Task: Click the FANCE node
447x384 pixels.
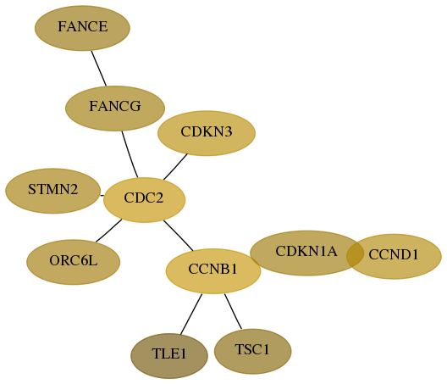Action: point(82,28)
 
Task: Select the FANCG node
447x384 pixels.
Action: point(115,109)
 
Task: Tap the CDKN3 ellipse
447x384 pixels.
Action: point(207,133)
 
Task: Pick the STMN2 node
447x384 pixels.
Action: point(53,191)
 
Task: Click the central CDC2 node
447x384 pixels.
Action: point(144,200)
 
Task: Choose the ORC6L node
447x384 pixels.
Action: point(74,262)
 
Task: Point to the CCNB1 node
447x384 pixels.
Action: point(213,271)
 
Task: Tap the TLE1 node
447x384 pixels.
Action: point(169,356)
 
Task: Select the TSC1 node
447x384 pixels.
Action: point(252,351)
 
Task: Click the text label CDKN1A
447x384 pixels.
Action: point(306,251)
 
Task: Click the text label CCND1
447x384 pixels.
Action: point(394,254)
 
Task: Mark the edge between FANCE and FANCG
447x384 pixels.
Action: point(99,68)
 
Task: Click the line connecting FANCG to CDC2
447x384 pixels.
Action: point(130,154)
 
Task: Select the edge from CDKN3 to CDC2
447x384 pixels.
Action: point(175,167)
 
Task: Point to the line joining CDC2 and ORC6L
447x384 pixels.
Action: point(109,231)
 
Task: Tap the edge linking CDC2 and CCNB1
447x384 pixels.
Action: point(179,236)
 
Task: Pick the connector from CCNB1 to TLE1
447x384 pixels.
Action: point(191,314)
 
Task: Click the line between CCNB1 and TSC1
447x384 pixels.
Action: point(233,311)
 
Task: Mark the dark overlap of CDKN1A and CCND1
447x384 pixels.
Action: point(355,254)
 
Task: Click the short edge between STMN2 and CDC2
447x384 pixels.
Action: point(102,196)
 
